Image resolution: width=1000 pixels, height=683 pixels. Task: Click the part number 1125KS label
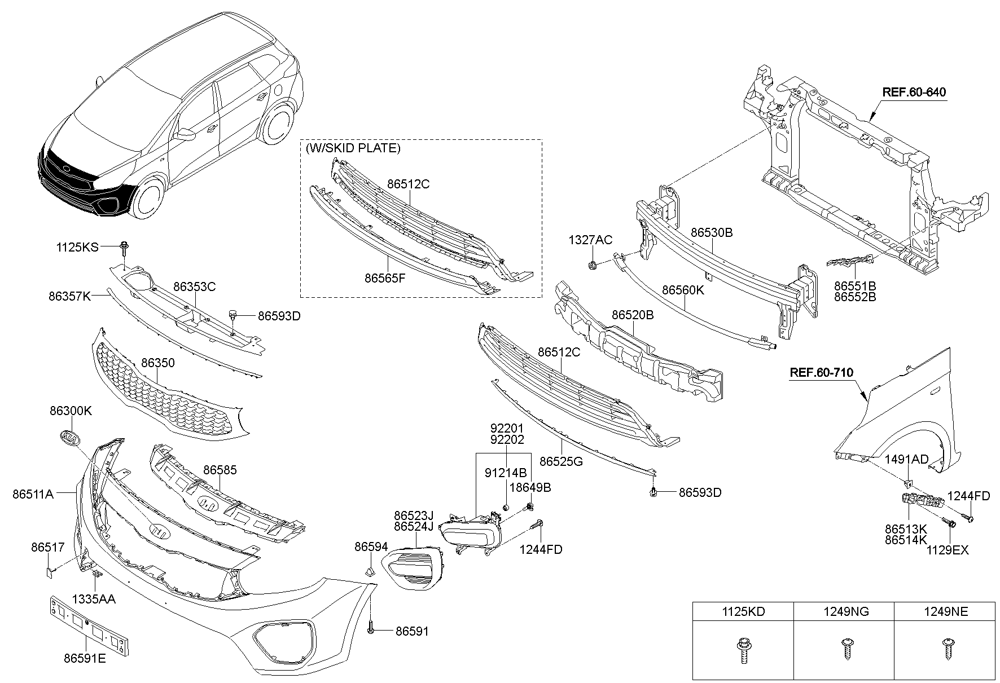click(77, 247)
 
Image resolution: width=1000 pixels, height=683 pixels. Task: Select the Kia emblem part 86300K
click(69, 438)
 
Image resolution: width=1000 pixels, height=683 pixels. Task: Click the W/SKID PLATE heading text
click(353, 148)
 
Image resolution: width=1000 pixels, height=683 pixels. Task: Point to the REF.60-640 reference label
click(914, 92)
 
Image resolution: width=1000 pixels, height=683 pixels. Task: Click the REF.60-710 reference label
click(821, 373)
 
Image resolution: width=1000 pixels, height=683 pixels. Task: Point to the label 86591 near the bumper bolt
click(411, 632)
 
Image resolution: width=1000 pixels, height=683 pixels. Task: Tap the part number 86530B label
click(711, 232)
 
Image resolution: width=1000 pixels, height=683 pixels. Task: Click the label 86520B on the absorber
click(632, 315)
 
